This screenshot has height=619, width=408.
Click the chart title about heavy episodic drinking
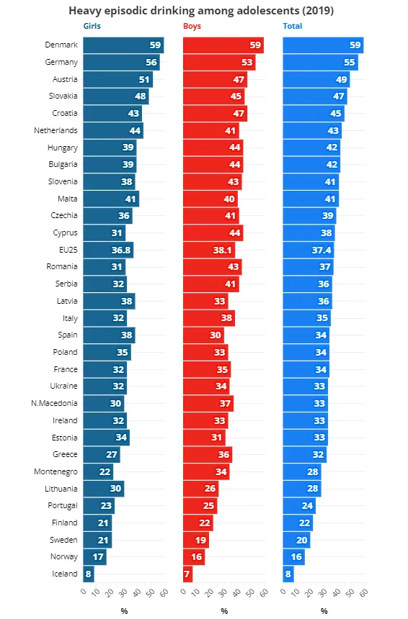(x=201, y=10)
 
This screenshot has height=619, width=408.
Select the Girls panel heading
(x=92, y=26)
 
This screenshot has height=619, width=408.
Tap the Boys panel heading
(x=192, y=26)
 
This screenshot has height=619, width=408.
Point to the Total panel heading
(x=293, y=26)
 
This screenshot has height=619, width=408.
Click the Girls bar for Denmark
(x=123, y=45)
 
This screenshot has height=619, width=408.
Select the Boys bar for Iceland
(x=188, y=574)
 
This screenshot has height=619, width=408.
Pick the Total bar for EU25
(x=309, y=250)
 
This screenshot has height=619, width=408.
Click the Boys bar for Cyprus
(x=213, y=232)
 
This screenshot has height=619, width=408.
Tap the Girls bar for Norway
(x=94, y=556)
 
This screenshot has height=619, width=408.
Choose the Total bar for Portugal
(x=299, y=506)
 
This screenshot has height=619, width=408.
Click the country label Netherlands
(x=56, y=130)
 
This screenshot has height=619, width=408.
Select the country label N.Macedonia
(x=54, y=403)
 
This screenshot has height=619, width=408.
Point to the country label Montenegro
(x=56, y=471)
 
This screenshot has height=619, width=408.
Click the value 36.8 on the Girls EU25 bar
(x=121, y=250)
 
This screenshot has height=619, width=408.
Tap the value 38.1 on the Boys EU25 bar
(x=222, y=250)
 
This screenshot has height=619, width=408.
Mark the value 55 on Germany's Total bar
(x=350, y=63)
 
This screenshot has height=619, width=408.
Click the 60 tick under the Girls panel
(x=164, y=592)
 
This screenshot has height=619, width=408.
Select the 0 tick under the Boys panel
(x=183, y=591)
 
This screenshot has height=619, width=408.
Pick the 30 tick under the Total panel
(x=324, y=592)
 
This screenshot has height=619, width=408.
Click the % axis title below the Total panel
(x=324, y=611)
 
